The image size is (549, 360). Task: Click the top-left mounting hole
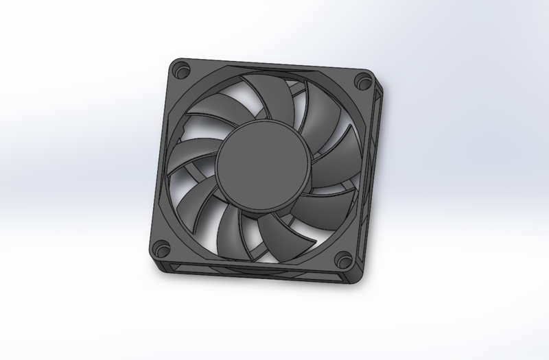[x=182, y=69]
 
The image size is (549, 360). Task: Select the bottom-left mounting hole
[x=162, y=245]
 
